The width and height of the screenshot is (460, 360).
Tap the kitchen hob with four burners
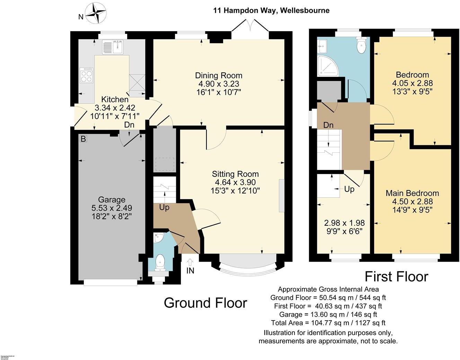(87, 75)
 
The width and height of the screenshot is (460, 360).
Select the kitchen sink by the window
(113, 47)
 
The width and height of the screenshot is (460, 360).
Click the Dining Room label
(219, 75)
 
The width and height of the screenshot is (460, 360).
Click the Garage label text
(112, 200)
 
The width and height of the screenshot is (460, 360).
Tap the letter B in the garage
(83, 139)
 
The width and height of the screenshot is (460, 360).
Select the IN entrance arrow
(190, 262)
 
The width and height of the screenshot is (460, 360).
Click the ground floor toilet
(160, 262)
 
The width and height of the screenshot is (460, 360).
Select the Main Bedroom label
(412, 193)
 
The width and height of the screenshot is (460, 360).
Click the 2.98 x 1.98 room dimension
(344, 223)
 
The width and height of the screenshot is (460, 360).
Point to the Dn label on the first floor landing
(328, 125)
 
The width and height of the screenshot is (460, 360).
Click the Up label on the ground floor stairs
(164, 208)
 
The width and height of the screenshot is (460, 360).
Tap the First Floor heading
(396, 277)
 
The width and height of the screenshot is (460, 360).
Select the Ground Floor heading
(205, 303)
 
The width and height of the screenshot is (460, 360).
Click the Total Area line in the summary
(328, 323)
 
